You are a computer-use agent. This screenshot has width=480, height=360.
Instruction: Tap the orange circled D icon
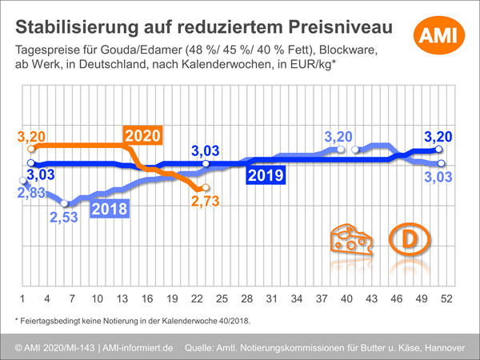(x=406, y=239)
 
